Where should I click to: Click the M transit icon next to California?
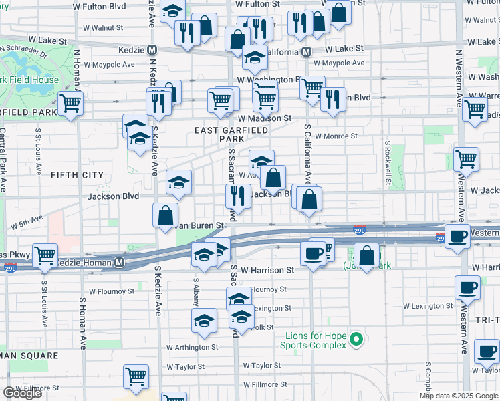coord(306,51)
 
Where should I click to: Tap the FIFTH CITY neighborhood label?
coord(78,175)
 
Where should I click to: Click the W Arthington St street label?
coord(192,347)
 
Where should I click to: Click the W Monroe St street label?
coord(336,136)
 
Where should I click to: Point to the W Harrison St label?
coord(267,271)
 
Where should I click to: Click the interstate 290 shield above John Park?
coord(360,228)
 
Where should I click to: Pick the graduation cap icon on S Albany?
coord(205,320)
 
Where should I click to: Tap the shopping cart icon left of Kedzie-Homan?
coord(45,256)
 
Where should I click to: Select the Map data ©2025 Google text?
coord(458,396)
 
